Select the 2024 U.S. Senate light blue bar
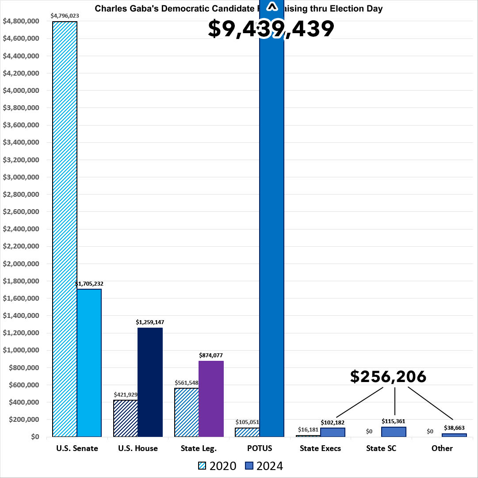click(89, 363)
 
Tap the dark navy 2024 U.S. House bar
click(150, 382)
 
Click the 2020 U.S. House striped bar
click(126, 418)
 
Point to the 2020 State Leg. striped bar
click(187, 413)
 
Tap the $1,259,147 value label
click(150, 322)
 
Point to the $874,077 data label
click(211, 355)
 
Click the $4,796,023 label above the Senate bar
click(65, 15)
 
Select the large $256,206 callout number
click(388, 376)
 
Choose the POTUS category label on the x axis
click(259, 448)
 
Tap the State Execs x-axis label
click(320, 448)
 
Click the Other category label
click(442, 448)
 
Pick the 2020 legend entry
click(217, 466)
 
